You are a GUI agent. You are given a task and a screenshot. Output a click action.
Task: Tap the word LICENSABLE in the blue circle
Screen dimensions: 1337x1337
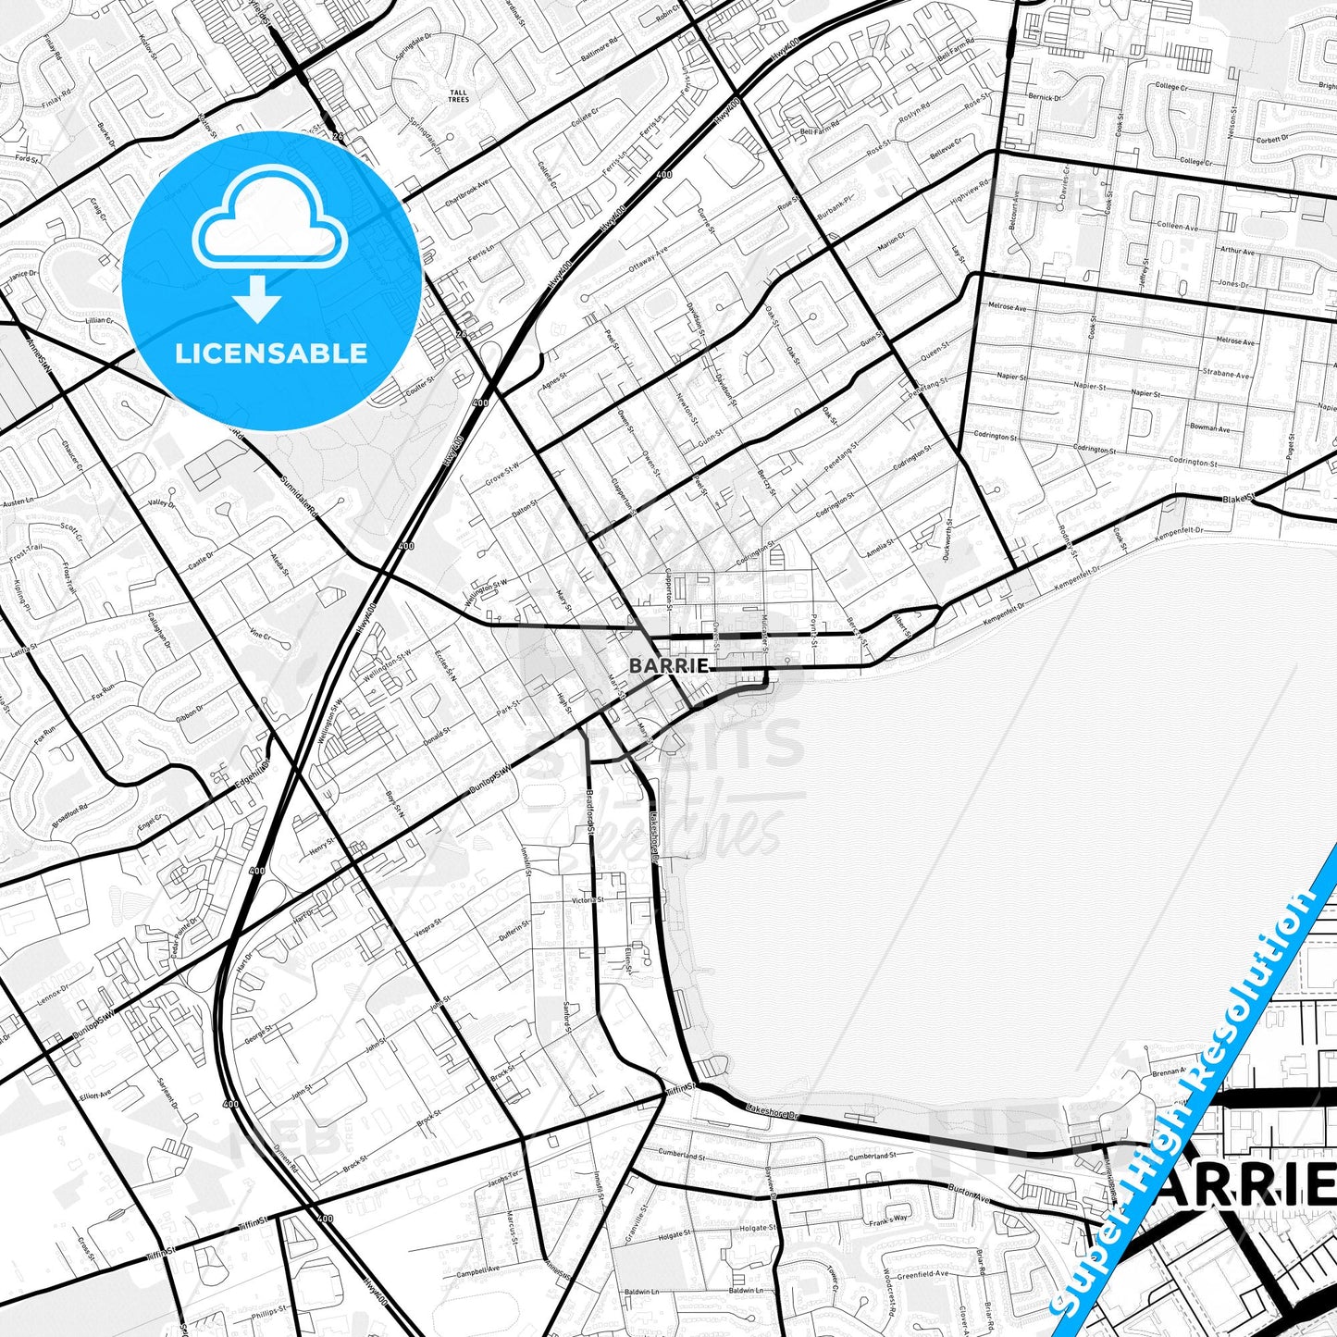pyautogui.click(x=271, y=353)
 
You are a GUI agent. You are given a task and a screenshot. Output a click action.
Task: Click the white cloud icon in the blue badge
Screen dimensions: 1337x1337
pyautogui.click(x=269, y=220)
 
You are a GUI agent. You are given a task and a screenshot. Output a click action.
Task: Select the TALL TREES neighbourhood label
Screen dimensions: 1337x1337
pyautogui.click(x=458, y=96)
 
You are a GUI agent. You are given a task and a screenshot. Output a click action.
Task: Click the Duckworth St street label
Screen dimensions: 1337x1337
pyautogui.click(x=949, y=539)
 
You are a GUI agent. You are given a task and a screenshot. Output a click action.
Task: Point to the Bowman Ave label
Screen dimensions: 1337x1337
pyautogui.click(x=1210, y=428)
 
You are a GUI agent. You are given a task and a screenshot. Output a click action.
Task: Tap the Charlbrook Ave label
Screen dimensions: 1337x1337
pyautogui.click(x=467, y=193)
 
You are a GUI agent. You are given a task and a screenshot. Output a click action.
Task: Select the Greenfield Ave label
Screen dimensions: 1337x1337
pyautogui.click(x=922, y=1274)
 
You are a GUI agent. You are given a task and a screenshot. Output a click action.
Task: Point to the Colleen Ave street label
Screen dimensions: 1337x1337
pyautogui.click(x=1176, y=227)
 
